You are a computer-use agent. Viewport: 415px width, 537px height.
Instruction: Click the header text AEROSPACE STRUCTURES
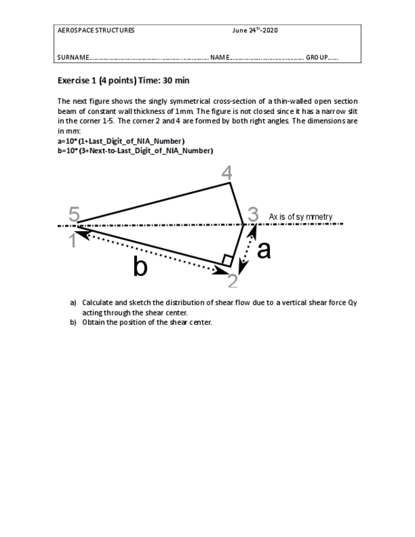(96, 30)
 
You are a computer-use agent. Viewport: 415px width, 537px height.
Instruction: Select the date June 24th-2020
(255, 30)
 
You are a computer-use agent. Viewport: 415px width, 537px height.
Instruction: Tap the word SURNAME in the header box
(73, 58)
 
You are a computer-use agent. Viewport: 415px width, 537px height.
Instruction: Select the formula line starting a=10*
(121, 141)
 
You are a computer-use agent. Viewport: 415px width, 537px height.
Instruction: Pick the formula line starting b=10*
(135, 151)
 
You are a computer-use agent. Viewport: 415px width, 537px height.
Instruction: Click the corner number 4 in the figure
(226, 172)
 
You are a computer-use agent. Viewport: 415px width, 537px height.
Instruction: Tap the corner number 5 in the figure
(74, 215)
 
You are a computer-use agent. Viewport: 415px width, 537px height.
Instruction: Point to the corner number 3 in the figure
(253, 215)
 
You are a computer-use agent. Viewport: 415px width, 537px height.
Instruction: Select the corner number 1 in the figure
(73, 241)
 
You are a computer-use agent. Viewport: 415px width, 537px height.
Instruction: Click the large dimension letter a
(264, 250)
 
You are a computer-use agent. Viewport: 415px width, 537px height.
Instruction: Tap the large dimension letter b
(140, 267)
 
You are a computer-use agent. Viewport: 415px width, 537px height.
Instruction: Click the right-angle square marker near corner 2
(226, 259)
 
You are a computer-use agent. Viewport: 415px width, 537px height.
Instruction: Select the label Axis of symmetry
(300, 217)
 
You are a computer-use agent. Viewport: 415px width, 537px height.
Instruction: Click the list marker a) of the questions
(73, 303)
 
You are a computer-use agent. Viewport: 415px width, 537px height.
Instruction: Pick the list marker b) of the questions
(73, 322)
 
